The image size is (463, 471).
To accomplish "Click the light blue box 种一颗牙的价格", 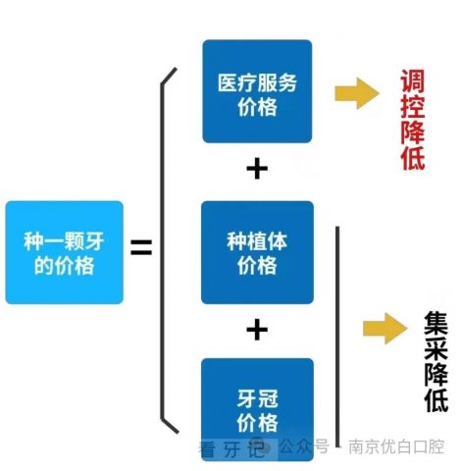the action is point(65,252).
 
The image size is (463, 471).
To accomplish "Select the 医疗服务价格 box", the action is point(257,91).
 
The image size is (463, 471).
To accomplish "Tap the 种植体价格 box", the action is point(257,252).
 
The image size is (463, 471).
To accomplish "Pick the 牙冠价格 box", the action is point(257,409).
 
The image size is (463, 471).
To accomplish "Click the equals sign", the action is point(141,247).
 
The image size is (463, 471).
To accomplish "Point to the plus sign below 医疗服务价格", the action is point(257,169).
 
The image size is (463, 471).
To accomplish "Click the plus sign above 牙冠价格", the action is point(257,330).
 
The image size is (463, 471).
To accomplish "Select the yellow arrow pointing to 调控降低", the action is point(357,93).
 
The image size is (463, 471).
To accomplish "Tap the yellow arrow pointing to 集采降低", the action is point(386,329).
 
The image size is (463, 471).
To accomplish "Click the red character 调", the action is point(413,80).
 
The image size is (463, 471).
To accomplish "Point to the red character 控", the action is point(413,106).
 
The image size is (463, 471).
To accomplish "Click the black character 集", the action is point(436,323).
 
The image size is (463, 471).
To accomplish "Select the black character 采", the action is point(436,348).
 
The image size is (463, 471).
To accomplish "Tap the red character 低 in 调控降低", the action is point(413,158).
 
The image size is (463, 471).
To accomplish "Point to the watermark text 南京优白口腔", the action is point(396,446).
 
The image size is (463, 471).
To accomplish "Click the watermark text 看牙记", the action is point(231,448).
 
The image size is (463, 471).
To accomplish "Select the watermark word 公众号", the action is point(304,446).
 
